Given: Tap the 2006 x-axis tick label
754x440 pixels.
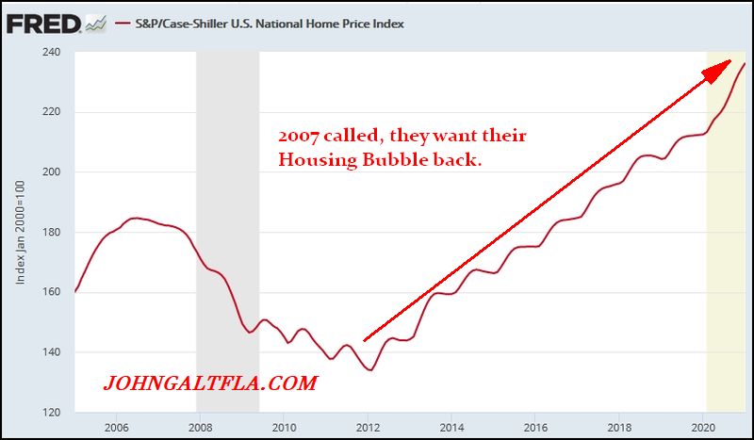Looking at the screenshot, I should [x=117, y=427].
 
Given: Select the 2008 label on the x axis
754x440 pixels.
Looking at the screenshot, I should [x=200, y=427].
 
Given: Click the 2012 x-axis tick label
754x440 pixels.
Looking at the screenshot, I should [x=369, y=427].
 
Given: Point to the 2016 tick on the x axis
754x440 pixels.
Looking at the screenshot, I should [x=535, y=427].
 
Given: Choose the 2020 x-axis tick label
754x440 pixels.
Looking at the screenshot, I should [x=703, y=427].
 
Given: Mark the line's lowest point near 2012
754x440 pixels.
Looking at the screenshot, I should [x=370, y=369].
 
